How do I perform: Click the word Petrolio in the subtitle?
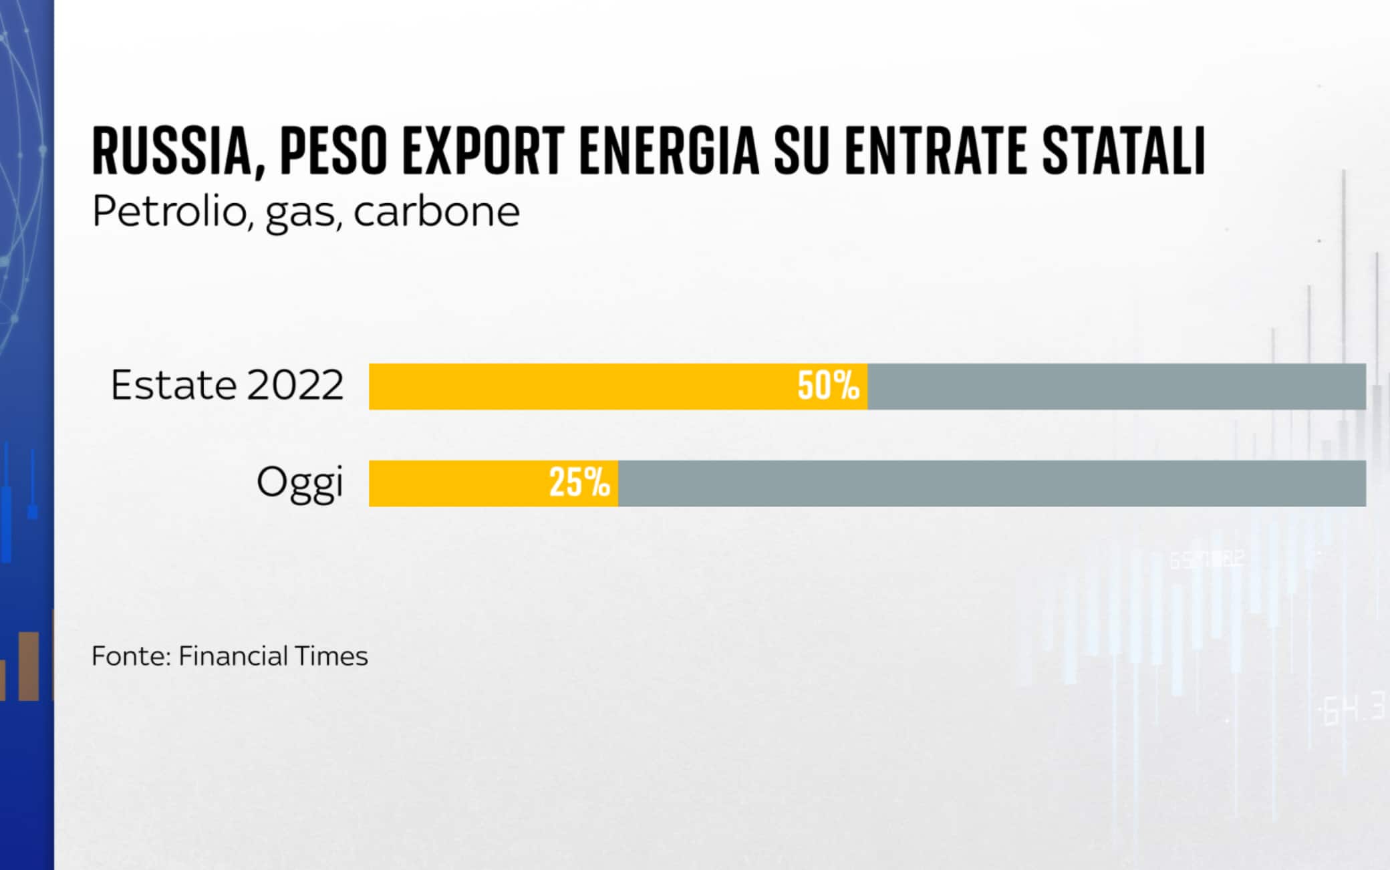click(x=169, y=212)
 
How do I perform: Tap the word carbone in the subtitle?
click(x=436, y=212)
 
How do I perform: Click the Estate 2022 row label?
click(x=227, y=386)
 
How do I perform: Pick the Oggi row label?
click(x=300, y=482)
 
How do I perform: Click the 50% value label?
click(x=828, y=386)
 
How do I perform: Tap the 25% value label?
click(x=579, y=483)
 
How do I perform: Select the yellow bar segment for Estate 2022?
click(x=575, y=386)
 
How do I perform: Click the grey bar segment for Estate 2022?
click(x=1116, y=386)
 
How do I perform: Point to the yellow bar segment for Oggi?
click(x=454, y=483)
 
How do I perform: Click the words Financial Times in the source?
click(x=273, y=656)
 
